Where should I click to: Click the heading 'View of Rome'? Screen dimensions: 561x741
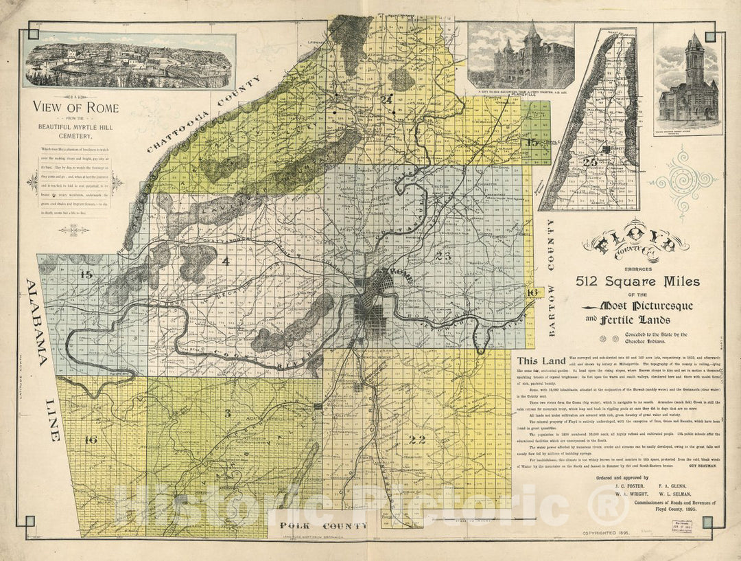(75, 108)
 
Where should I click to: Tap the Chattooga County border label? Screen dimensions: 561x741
(203, 114)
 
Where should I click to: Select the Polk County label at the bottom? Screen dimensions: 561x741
(323, 526)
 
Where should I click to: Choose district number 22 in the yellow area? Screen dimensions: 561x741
(417, 439)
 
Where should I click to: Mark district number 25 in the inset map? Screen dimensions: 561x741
(589, 161)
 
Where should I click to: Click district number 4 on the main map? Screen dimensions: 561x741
(225, 261)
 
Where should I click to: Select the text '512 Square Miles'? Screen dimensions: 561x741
(637, 282)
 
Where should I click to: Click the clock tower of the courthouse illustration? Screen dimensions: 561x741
(694, 58)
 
